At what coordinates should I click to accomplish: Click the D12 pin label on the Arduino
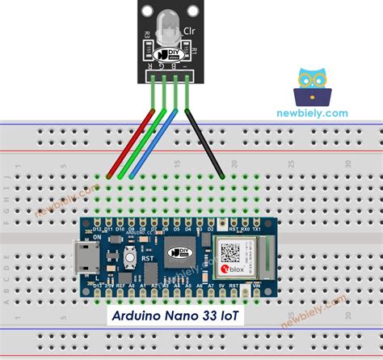coord(97,230)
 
